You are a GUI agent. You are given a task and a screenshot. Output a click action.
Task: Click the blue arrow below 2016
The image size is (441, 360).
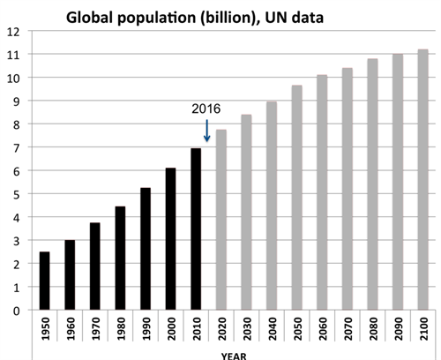coord(207,131)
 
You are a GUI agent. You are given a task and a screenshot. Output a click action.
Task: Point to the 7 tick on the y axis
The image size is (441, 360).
coord(15,147)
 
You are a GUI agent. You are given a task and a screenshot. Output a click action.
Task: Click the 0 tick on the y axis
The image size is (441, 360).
coord(15,311)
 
